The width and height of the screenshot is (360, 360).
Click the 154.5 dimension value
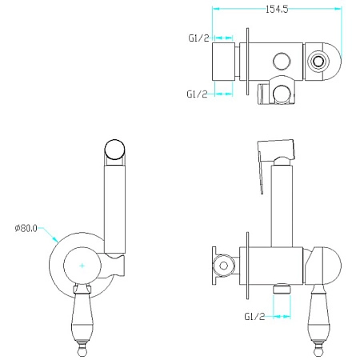(x=277, y=9)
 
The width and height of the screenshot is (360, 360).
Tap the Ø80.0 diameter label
(x=26, y=228)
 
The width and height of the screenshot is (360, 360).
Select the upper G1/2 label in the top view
(x=198, y=38)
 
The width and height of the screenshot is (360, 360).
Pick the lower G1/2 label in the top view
(x=197, y=94)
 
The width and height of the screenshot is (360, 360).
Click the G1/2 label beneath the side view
(x=254, y=317)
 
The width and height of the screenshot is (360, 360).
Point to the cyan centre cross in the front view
(x=82, y=266)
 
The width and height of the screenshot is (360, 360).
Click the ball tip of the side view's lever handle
(x=318, y=352)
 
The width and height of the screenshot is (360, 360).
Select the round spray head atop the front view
(x=114, y=150)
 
